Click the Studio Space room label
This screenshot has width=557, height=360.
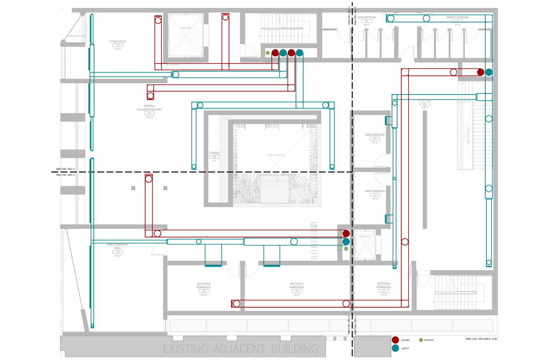(118, 42)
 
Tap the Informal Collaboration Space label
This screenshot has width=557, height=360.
(149, 108)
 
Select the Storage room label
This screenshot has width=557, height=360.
(214, 153)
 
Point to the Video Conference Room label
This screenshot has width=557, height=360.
(117, 246)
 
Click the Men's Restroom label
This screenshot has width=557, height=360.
(367, 18)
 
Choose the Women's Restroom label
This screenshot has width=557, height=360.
(457, 18)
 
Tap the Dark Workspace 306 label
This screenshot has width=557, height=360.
(375, 135)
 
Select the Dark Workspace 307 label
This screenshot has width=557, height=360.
(375, 191)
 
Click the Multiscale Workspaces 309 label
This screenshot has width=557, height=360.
(204, 286)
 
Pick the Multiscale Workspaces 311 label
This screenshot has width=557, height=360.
(384, 285)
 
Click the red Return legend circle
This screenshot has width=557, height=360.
(395, 340)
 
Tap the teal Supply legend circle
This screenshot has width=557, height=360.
(395, 348)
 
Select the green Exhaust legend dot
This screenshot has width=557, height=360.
(421, 340)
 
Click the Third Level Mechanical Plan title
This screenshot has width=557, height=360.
(481, 339)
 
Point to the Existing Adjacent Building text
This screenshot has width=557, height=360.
(240, 349)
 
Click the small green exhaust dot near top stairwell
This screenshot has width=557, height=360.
(268, 53)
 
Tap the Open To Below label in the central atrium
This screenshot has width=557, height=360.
(276, 155)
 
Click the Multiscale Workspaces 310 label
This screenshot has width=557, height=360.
(296, 286)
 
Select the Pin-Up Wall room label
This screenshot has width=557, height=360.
(424, 100)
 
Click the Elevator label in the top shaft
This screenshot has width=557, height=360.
(186, 28)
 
